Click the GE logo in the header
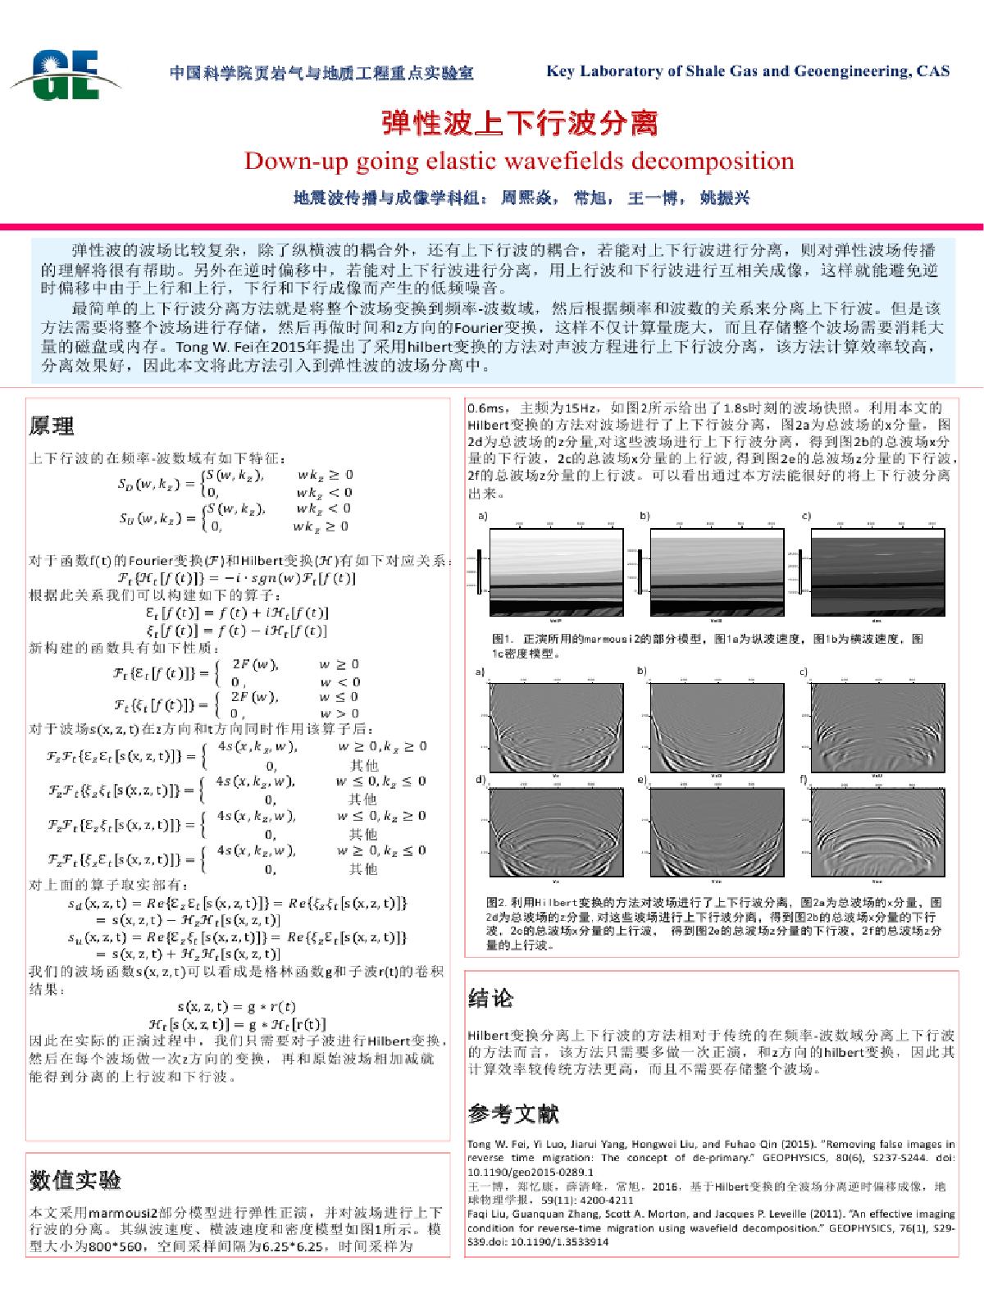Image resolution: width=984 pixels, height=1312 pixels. tap(66, 73)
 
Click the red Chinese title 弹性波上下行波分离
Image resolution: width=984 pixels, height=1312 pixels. tap(519, 123)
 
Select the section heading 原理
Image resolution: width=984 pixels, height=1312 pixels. tap(52, 426)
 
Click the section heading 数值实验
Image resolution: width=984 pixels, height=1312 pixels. tap(75, 1180)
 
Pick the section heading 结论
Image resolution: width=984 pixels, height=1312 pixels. tap(490, 998)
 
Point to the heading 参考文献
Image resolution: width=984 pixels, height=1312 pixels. tap(513, 1114)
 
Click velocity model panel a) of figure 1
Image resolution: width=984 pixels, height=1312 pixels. tap(556, 572)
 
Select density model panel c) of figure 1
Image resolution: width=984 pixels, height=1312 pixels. tap(877, 572)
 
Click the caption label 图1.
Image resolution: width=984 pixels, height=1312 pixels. tap(501, 639)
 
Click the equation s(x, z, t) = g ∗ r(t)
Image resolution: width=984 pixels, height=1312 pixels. tap(236, 1006)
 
